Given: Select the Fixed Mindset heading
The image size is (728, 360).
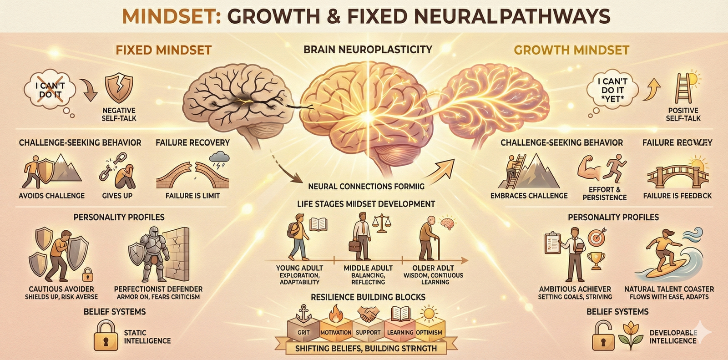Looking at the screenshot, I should [x=163, y=50].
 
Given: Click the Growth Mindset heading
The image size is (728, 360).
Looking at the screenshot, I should [x=571, y=50].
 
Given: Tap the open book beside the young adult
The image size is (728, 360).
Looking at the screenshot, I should [x=319, y=223].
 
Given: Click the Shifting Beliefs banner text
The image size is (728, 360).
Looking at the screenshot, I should [x=366, y=349].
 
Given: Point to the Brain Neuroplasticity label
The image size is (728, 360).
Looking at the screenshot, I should [x=368, y=49].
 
